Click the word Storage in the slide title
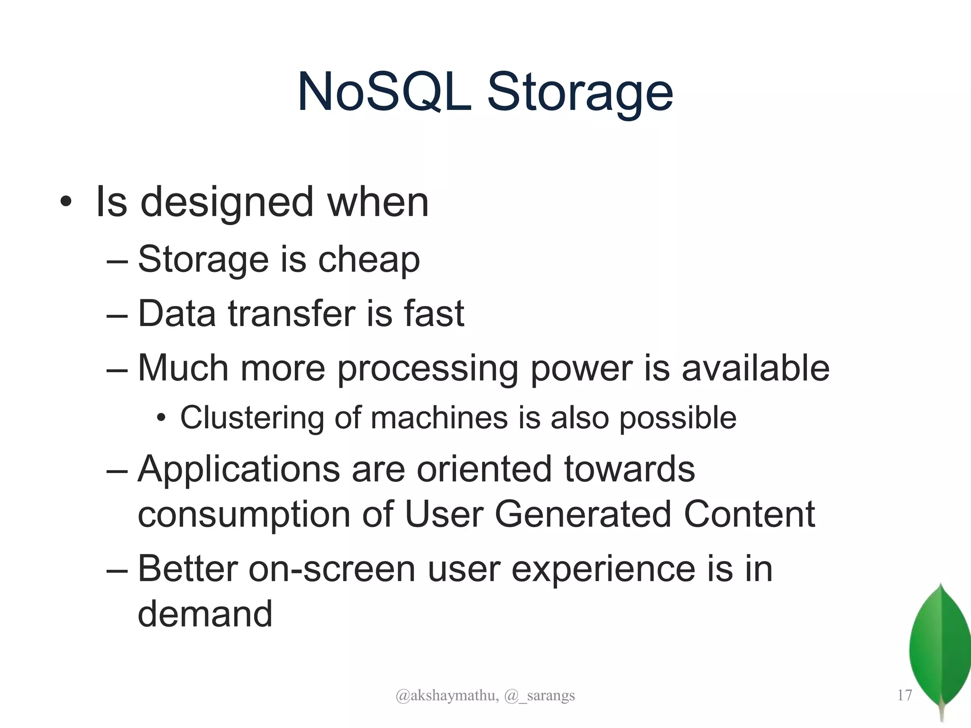pyautogui.click(x=579, y=92)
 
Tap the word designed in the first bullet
pyautogui.click(x=227, y=203)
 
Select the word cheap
pyautogui.click(x=369, y=260)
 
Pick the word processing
pyautogui.click(x=427, y=369)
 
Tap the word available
pyautogui.click(x=755, y=368)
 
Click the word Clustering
pyautogui.click(x=252, y=418)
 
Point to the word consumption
pyautogui.click(x=244, y=515)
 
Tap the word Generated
pyautogui.click(x=583, y=514)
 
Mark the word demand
pyautogui.click(x=205, y=614)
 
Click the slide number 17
pyautogui.click(x=904, y=695)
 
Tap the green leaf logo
pyautogui.click(x=940, y=649)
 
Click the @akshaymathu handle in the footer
pyautogui.click(x=447, y=695)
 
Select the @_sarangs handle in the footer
pyautogui.click(x=540, y=695)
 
